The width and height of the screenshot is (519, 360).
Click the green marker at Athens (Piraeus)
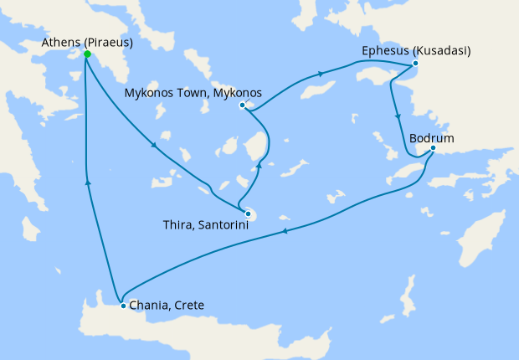[86, 55]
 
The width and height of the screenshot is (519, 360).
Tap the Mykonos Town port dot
[242, 105]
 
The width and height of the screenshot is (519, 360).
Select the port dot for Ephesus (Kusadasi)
[415, 64]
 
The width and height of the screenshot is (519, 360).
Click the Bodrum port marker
[433, 149]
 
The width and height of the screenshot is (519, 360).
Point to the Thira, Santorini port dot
[248, 213]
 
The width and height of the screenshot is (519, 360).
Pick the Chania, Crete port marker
[123, 306]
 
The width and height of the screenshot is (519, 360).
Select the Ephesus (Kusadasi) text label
[416, 50]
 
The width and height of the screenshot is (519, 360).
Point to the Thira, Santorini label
[202, 225]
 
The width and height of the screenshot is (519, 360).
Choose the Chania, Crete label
[167, 306]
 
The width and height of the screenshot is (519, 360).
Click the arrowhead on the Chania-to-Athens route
[87, 180]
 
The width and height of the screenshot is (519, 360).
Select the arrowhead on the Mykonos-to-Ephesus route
[321, 77]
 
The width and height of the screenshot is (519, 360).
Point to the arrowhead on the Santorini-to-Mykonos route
[259, 166]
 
